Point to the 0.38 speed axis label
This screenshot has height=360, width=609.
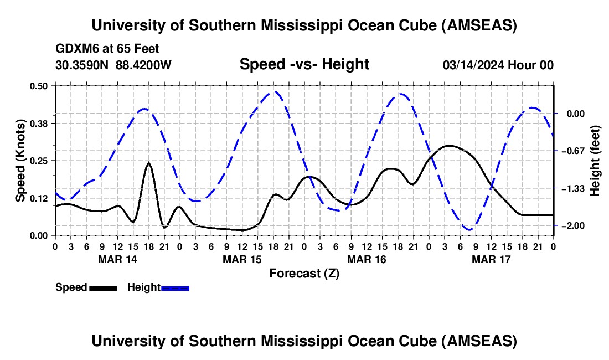[40, 123]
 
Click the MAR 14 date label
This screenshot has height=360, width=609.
[117, 259]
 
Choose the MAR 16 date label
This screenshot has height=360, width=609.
[367, 259]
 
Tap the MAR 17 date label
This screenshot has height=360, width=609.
[491, 259]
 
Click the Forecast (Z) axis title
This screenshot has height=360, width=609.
[304, 273]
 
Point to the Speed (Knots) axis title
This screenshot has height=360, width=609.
[20, 161]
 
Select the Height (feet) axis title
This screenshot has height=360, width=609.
[595, 161]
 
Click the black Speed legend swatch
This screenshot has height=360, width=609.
[103, 288]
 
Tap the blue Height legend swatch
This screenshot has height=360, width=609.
[175, 288]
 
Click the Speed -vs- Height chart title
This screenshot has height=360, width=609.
[304, 64]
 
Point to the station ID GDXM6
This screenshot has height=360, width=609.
[74, 49]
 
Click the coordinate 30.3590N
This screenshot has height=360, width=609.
[83, 65]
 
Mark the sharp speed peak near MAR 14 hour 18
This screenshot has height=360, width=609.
[148, 163]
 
